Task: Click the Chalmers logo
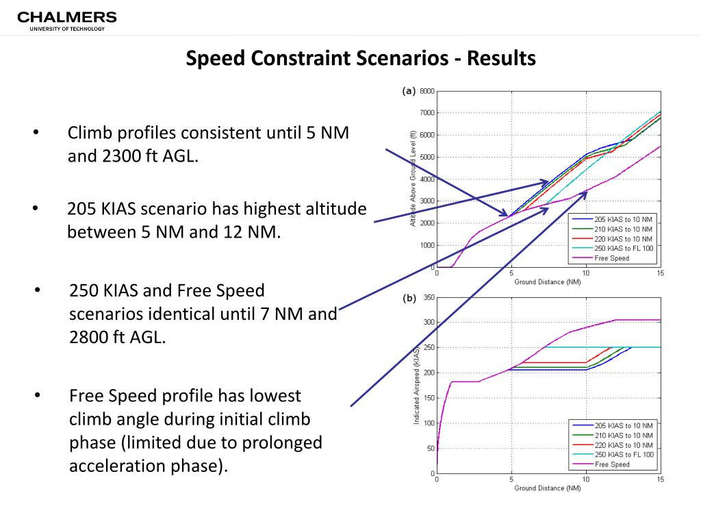pos(66,20)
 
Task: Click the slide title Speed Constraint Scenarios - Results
pos(361,58)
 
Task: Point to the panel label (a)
pos(408,90)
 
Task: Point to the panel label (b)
pos(408,298)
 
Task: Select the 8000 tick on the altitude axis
pos(426,91)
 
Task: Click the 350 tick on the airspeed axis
pos(429,297)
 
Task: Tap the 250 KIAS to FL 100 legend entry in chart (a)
pos(624,248)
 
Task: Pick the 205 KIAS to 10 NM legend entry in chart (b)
pos(624,425)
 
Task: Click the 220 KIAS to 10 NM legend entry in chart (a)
pos(624,238)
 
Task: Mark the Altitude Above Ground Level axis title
pos(413,179)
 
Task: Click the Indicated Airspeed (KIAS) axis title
pos(416,386)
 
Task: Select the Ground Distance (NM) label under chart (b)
pos(548,488)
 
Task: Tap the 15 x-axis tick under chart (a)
pos(660,273)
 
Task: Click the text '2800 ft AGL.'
pos(118,337)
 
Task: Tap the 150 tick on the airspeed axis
pos(429,398)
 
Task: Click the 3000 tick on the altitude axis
pos(426,201)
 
